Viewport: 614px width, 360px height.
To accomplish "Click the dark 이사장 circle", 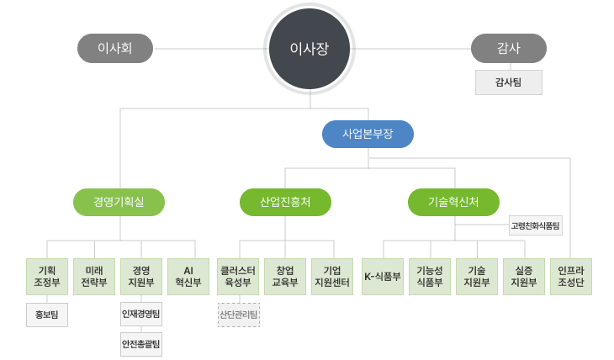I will click(x=309, y=49).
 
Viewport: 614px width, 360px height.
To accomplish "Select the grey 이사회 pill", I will click(x=115, y=49).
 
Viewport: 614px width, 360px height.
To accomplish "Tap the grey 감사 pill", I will click(x=508, y=49).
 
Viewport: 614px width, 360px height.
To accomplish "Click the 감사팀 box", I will click(x=508, y=82).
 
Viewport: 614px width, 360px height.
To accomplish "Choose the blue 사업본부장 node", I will click(x=368, y=134).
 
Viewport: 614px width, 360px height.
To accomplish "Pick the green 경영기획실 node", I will click(x=119, y=202).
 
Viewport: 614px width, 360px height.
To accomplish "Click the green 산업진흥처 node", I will click(x=285, y=202).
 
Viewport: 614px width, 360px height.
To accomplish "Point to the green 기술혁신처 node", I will click(x=453, y=202).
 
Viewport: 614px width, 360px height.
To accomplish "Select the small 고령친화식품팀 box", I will click(x=536, y=225).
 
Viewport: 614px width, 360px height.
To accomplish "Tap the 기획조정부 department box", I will click(x=47, y=276).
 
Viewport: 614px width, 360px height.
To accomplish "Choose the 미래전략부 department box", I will click(x=94, y=276).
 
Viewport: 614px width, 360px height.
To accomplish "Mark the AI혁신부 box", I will click(x=188, y=276).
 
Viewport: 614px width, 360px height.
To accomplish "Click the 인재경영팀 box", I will click(x=141, y=315).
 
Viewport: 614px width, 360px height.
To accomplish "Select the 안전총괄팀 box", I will click(x=141, y=344).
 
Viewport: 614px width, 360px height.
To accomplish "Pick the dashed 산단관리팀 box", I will click(x=239, y=315).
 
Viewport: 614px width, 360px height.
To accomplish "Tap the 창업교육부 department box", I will click(x=285, y=276).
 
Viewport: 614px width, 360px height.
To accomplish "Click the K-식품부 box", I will click(x=383, y=276).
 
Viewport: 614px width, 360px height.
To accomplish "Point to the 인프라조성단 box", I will click(x=571, y=276).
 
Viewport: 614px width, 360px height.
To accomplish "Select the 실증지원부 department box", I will click(x=524, y=276).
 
